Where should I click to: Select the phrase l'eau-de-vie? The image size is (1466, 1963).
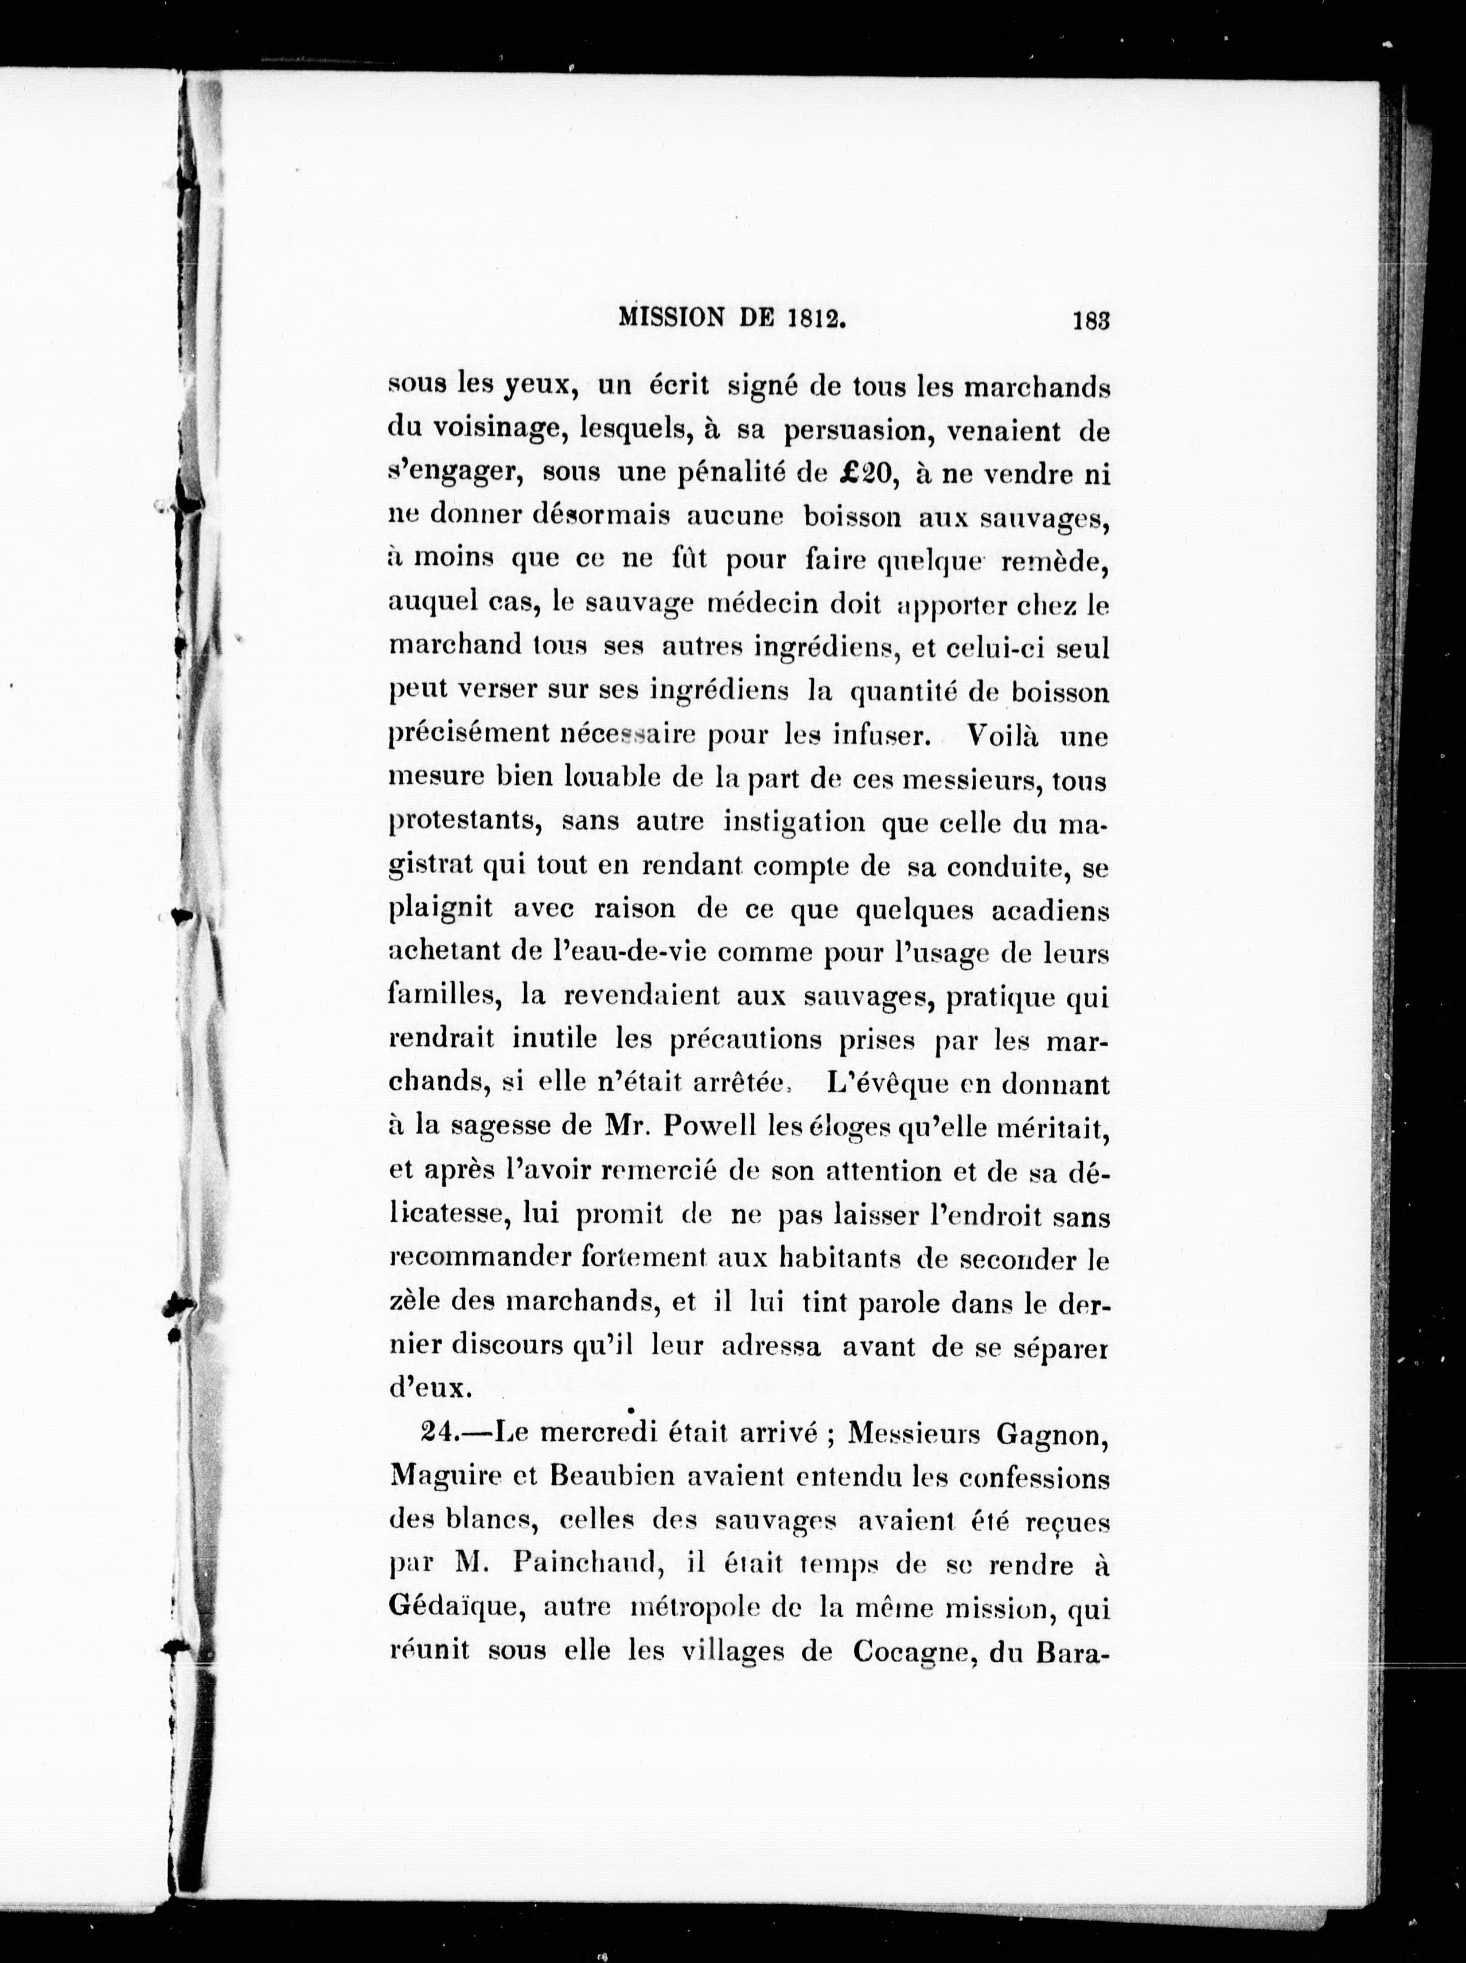pyautogui.click(x=613, y=953)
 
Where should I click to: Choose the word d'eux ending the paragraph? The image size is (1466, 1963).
pyautogui.click(x=424, y=1388)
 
